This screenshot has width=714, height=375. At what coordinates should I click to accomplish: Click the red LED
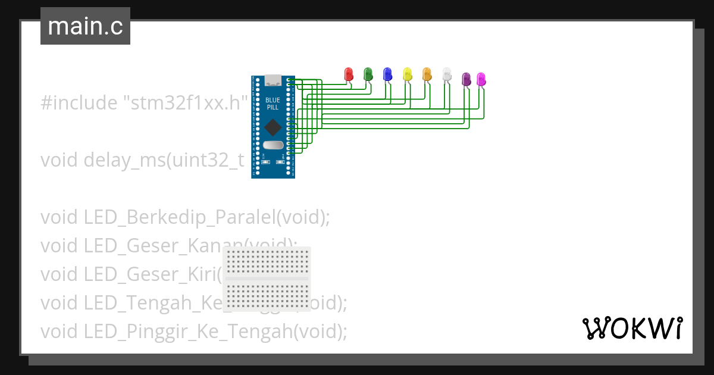point(349,74)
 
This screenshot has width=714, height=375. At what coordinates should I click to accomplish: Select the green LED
point(368,74)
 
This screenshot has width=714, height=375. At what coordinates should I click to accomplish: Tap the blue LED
point(387,74)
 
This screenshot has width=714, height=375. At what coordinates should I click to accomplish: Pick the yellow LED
point(407,74)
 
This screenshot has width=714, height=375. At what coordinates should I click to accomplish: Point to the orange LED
point(427,74)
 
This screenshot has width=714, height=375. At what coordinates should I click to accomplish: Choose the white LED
point(447,74)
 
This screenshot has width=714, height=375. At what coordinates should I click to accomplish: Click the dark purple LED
point(466,78)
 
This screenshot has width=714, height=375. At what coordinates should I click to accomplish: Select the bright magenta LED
point(481,78)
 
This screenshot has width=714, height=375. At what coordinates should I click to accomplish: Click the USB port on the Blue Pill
point(273,80)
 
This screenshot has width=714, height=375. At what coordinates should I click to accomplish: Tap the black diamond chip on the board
point(273,127)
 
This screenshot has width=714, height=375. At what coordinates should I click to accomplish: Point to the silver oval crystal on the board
point(273,145)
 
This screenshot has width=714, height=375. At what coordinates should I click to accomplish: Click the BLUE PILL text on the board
point(273,103)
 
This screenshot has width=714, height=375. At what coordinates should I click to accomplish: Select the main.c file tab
point(85,27)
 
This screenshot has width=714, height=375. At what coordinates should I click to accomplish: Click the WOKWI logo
point(632,328)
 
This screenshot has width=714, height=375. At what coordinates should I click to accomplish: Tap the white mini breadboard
point(267,279)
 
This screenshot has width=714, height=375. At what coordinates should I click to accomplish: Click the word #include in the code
point(79,103)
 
